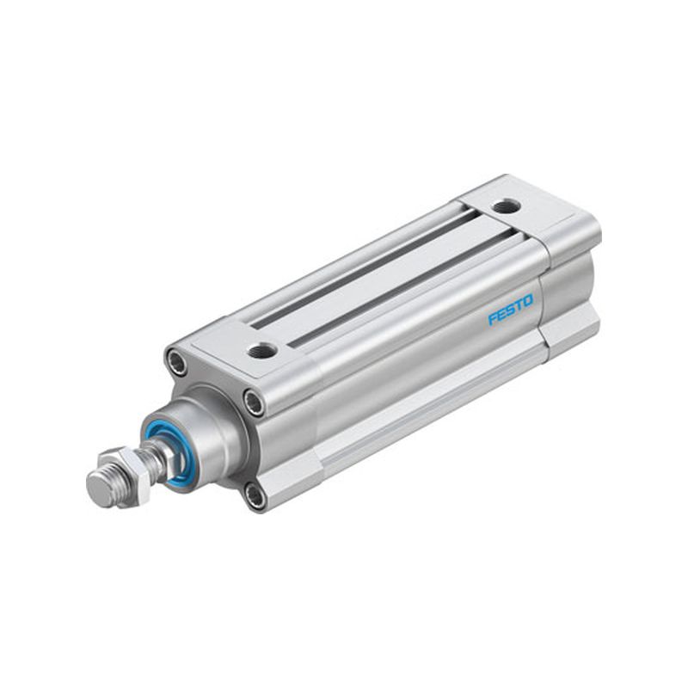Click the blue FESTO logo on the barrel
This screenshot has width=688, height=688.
click(511, 310)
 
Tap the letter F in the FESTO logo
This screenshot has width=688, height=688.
click(493, 318)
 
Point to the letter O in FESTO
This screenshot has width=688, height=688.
click(528, 301)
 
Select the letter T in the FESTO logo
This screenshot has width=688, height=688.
click(519, 305)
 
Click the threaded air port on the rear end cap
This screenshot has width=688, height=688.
click(507, 206)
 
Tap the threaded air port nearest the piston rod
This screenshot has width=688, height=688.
click(262, 350)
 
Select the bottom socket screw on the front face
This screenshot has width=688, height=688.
click(255, 496)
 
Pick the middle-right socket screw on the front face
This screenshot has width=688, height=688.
click(255, 402)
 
